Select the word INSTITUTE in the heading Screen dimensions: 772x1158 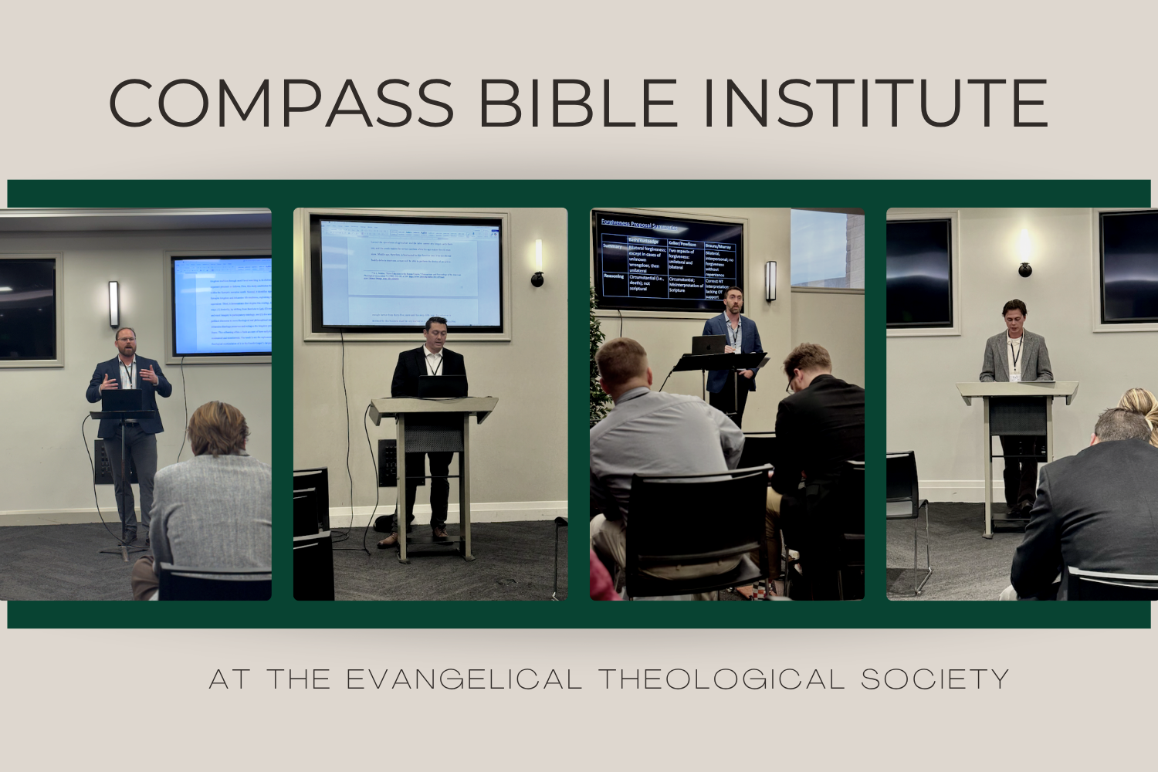point(876,103)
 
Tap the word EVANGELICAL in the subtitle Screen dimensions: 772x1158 point(463,679)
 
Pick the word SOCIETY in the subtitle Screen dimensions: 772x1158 point(935,679)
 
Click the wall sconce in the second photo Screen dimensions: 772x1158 point(537,263)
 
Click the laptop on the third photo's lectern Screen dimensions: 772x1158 point(708,345)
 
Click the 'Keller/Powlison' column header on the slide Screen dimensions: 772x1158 point(682,244)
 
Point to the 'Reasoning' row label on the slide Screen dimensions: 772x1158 point(614,276)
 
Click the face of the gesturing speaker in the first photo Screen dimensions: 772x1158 point(126,340)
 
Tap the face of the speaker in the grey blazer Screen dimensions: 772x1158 point(1014,316)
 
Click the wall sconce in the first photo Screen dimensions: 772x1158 point(114,303)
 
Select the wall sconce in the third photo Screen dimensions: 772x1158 point(770,280)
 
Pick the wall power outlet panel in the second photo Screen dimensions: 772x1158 point(387,462)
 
